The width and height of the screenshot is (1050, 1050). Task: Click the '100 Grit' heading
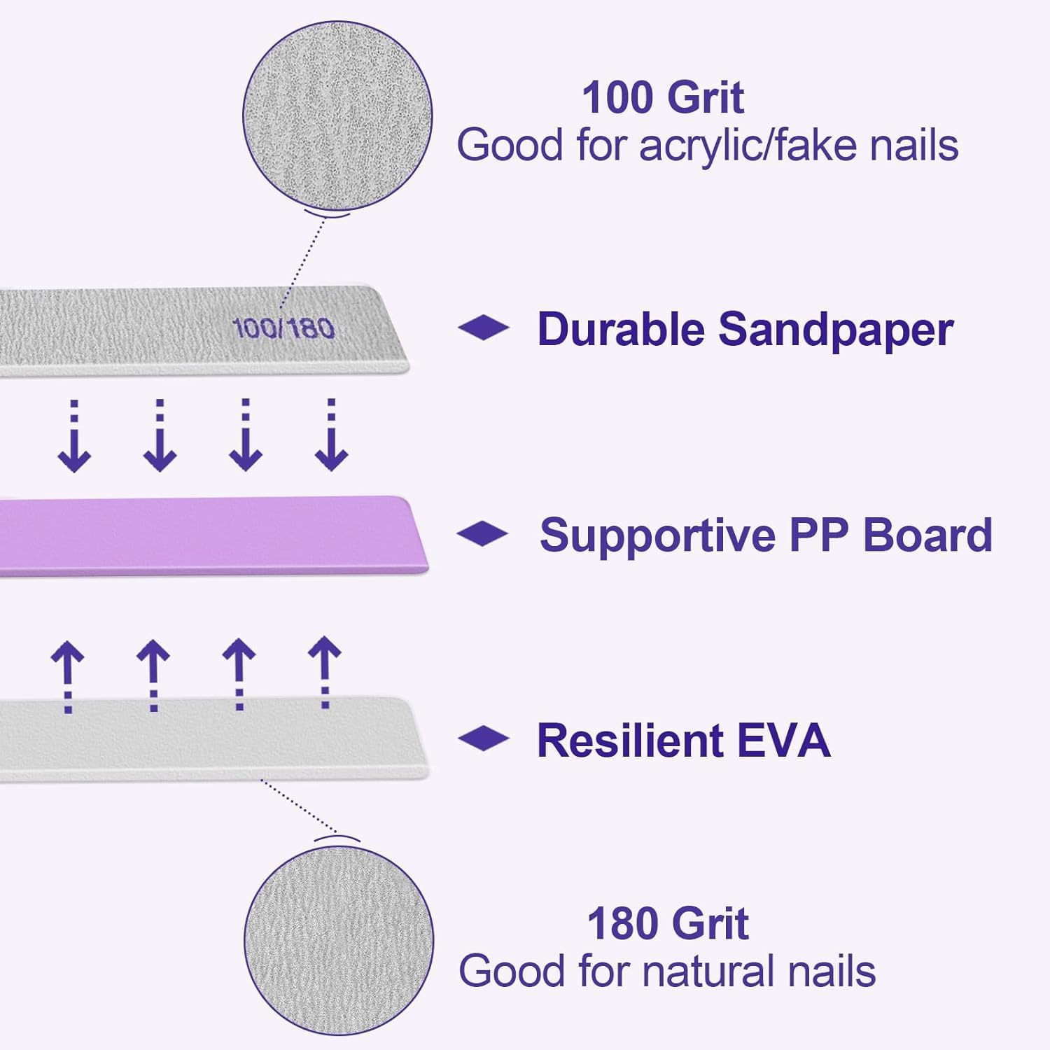tap(662, 97)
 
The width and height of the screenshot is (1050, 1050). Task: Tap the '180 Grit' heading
tap(667, 924)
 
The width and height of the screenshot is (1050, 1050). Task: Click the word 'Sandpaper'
tap(836, 329)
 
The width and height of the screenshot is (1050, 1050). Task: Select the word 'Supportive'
tap(658, 536)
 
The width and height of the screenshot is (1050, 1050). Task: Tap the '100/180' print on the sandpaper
tap(283, 328)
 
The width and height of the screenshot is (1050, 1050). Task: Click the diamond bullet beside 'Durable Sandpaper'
tap(483, 328)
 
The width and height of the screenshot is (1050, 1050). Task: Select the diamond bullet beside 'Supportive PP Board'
tap(482, 533)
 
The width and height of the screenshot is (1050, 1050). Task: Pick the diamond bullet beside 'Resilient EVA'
tap(483, 738)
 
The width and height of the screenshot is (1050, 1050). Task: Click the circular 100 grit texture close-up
tap(337, 115)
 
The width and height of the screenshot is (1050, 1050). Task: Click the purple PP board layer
tap(210, 535)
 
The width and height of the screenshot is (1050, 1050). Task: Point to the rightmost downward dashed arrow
tap(331, 435)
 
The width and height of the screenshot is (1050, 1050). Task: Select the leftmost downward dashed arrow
tap(74, 435)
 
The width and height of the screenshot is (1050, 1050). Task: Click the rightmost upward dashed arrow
tap(325, 672)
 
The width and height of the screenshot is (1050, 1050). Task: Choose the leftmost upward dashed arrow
tap(68, 675)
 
